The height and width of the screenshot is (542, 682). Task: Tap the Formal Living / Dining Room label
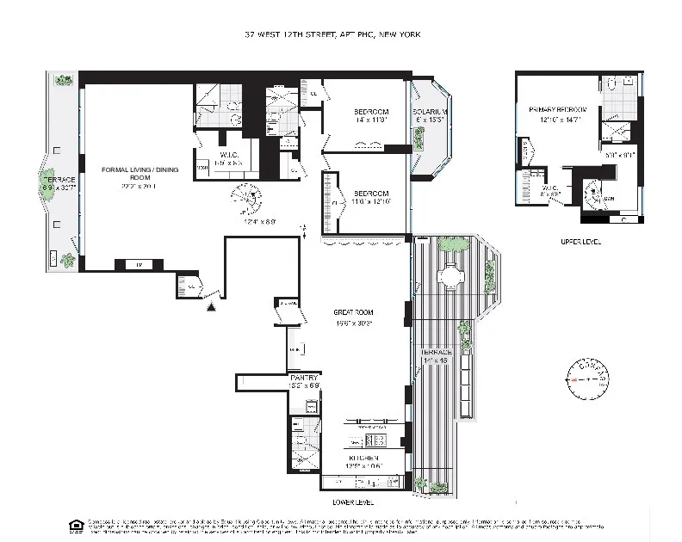(x=139, y=175)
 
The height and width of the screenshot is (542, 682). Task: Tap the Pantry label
(x=304, y=378)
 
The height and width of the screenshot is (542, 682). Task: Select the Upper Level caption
(x=577, y=242)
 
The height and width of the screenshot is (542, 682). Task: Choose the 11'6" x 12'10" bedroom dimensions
(x=370, y=201)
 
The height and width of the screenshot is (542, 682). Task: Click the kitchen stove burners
(x=386, y=441)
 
